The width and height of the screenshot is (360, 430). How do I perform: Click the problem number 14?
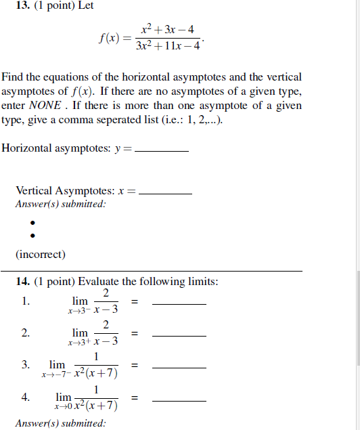[23, 281]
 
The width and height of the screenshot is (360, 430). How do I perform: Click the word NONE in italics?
[46, 106]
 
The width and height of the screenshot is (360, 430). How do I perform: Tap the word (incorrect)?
[41, 255]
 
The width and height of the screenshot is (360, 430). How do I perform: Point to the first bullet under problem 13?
[31, 222]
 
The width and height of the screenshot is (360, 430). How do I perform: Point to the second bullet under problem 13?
[31, 236]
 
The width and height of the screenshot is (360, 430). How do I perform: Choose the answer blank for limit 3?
[179, 366]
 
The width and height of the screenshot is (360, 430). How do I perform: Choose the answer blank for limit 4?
[179, 399]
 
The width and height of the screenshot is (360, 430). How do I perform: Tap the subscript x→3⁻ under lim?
[78, 311]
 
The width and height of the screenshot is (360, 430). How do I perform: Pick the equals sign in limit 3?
[135, 366]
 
